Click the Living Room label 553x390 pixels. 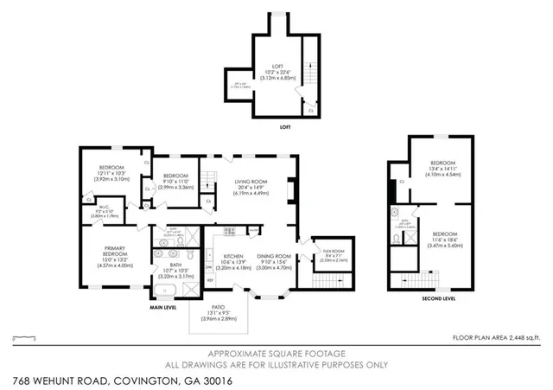coord(251,182)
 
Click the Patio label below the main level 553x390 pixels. coord(218,308)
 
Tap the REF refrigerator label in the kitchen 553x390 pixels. coord(210,280)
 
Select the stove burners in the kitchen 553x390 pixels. coord(231,230)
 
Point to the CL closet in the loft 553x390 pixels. coord(311,111)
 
